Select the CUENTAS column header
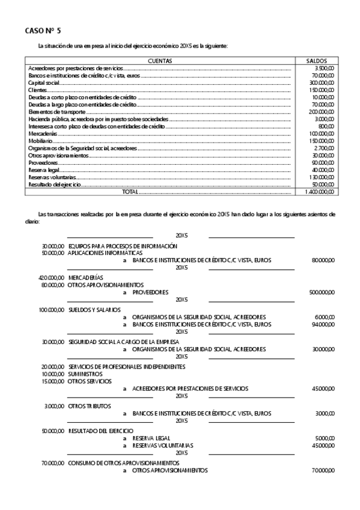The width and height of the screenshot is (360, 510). tap(160, 61)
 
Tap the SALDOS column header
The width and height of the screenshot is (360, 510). tap(316, 61)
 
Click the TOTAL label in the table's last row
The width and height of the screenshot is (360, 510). tap(130, 191)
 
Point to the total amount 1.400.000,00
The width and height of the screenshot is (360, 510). tap(319, 191)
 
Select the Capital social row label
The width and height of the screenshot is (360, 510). tap(42, 83)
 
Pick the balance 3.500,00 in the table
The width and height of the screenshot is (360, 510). tap(324, 69)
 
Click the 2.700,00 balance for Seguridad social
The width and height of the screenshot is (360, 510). tap(324, 148)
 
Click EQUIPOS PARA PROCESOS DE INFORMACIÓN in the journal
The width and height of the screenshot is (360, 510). tap(123, 246)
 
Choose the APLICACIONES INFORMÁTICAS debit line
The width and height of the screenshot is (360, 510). tap(105, 253)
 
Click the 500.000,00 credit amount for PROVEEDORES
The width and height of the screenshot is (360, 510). tap(323, 292)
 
